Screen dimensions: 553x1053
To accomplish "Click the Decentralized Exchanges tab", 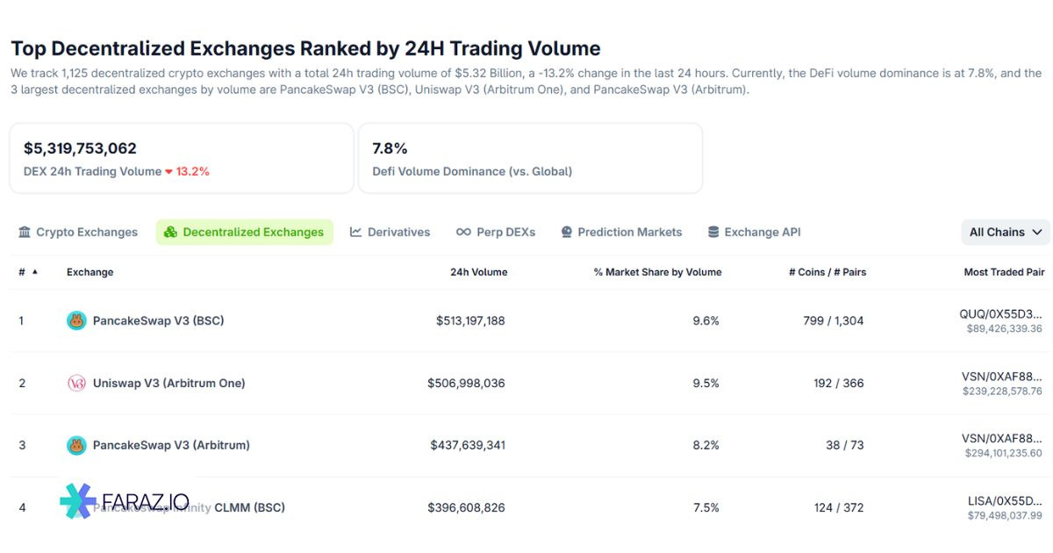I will tap(245, 233).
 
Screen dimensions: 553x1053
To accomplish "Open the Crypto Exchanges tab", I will tap(78, 233).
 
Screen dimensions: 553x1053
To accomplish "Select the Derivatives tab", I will tap(390, 233).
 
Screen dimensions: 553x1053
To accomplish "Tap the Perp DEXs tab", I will tap(496, 233).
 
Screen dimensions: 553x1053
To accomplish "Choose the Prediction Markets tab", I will tap(621, 233).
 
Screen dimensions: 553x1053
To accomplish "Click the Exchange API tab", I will tap(754, 233).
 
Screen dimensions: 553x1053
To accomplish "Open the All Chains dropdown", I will tap(1006, 233).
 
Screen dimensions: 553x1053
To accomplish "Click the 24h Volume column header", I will tap(478, 272).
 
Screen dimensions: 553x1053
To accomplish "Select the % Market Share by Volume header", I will tap(657, 272).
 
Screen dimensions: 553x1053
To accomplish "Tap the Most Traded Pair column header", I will tap(1004, 272).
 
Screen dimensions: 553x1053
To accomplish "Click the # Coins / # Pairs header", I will tap(827, 272).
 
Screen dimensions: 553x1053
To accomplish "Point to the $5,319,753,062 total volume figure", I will tap(80, 148).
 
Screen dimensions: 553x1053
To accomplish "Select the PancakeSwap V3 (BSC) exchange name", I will tap(158, 321).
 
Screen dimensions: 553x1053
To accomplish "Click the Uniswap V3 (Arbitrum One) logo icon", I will tap(76, 384).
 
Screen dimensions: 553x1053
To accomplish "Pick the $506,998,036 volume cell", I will tap(466, 384).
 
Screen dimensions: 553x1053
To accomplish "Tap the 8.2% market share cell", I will tap(706, 446).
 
